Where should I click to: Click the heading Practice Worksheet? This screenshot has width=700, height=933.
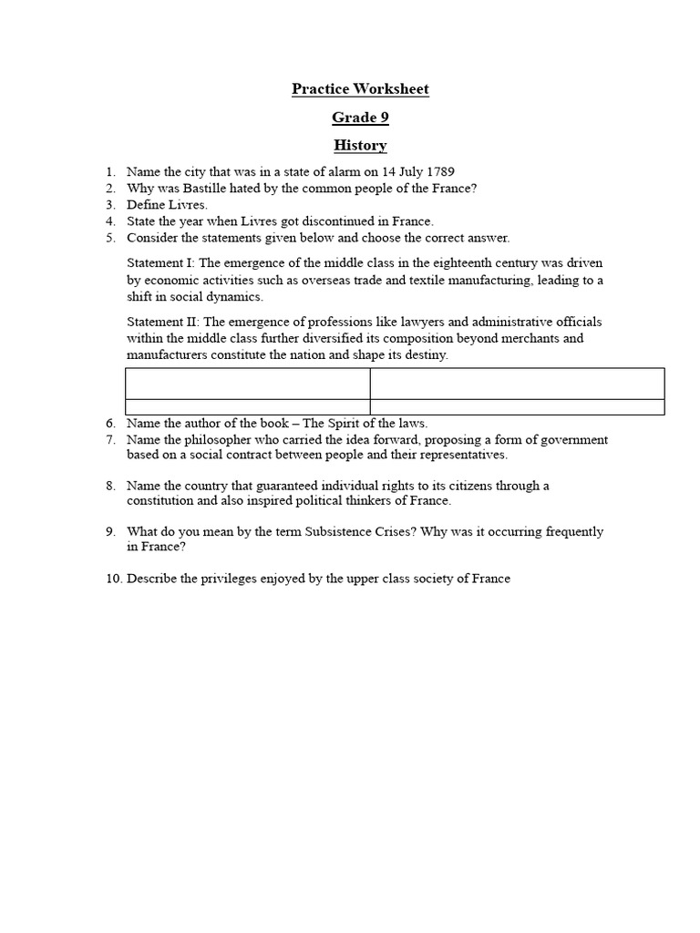(360, 89)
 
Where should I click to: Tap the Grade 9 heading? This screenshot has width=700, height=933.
(360, 118)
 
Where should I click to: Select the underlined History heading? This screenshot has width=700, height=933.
(360, 146)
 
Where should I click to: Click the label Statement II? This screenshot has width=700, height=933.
(161, 323)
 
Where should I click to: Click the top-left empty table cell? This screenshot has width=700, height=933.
(247, 384)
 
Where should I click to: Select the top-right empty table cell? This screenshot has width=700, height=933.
(517, 384)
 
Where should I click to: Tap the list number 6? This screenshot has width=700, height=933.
(110, 424)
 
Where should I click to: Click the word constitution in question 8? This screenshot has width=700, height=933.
(160, 501)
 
